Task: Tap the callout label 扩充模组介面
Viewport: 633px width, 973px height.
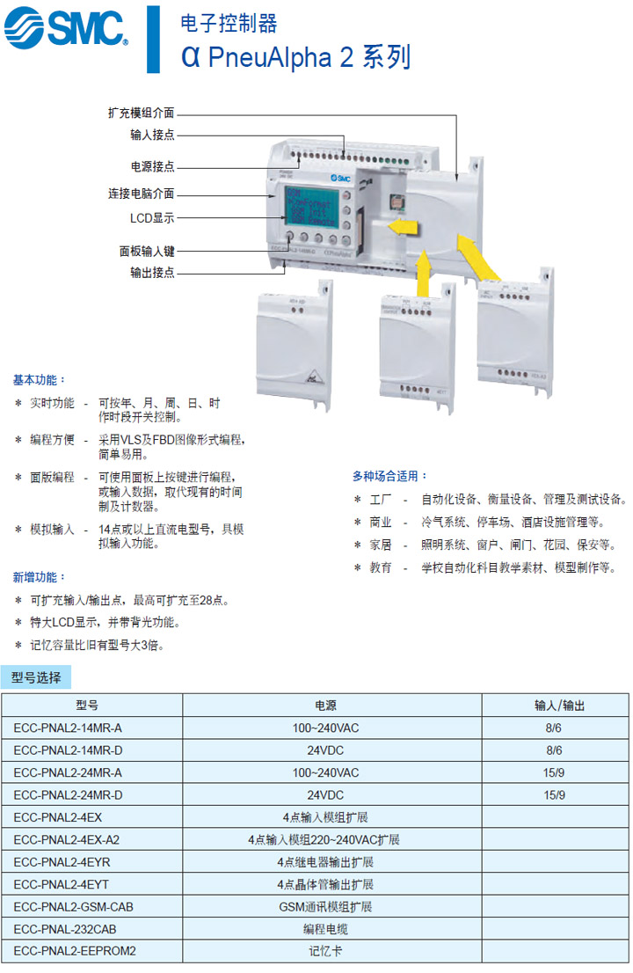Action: pyautogui.click(x=141, y=113)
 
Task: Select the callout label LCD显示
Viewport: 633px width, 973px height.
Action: pyautogui.click(x=152, y=218)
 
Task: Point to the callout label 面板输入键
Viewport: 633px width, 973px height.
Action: pyautogui.click(x=147, y=250)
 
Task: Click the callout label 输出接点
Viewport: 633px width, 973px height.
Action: pyautogui.click(x=152, y=273)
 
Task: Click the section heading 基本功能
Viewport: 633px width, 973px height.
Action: pyautogui.click(x=39, y=380)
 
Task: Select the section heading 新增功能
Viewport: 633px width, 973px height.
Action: pyautogui.click(x=39, y=577)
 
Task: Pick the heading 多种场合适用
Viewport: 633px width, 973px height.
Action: pyautogui.click(x=390, y=476)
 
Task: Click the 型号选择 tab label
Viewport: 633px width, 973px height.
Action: pyautogui.click(x=36, y=677)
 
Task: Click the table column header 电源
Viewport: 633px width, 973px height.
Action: pyautogui.click(x=325, y=706)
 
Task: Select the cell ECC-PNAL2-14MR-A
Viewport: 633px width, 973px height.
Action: pyautogui.click(x=69, y=728)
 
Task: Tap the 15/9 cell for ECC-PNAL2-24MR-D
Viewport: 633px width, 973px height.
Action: pyautogui.click(x=554, y=795)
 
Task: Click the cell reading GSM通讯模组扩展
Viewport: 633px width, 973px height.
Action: pyautogui.click(x=325, y=906)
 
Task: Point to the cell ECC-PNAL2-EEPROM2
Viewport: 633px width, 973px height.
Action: pyautogui.click(x=76, y=950)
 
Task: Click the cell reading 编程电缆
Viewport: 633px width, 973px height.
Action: pyautogui.click(x=325, y=928)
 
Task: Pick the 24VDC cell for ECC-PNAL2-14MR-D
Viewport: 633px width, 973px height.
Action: pyautogui.click(x=325, y=750)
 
